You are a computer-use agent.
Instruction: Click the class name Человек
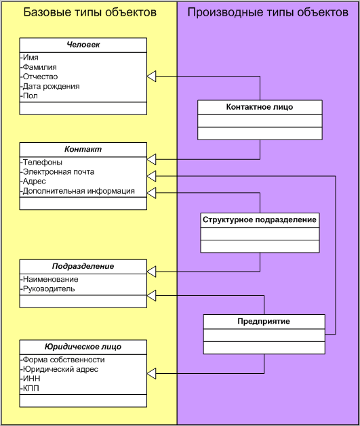coord(83,45)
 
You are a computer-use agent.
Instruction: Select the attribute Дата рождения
coord(50,87)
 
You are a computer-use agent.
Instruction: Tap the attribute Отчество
coord(39,77)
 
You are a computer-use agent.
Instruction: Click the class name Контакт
coord(83,149)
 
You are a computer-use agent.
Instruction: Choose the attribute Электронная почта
coord(58,172)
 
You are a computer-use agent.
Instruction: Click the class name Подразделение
coord(83,266)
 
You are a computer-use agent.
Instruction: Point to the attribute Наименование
coord(49,279)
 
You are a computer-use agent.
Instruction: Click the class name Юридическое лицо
coord(83,347)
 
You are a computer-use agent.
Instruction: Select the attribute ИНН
coord(31,379)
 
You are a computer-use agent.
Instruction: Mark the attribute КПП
coord(30,388)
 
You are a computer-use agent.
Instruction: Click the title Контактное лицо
coord(260,107)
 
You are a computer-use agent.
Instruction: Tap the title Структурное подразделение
coord(260,220)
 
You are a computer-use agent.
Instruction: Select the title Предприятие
coord(264,322)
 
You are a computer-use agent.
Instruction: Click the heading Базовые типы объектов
coord(90,12)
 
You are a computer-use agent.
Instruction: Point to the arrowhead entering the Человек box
coord(151,77)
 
